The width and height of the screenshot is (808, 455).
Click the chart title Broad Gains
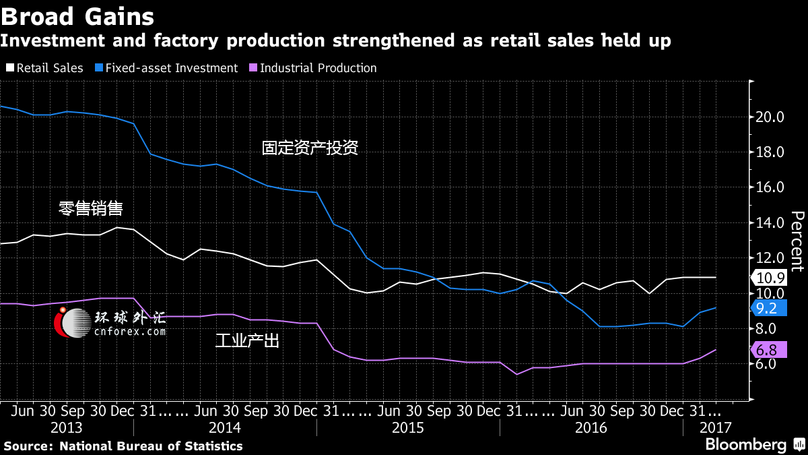tap(77, 17)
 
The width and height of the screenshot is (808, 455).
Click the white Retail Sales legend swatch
tap(10, 67)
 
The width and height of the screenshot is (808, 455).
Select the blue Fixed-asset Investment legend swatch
tap(99, 67)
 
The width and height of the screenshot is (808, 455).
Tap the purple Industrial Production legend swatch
tap(253, 67)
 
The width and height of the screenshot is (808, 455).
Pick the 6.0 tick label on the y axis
tap(766, 363)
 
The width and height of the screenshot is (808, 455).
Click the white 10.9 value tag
tap(769, 278)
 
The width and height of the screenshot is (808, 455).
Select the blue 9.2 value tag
tap(769, 308)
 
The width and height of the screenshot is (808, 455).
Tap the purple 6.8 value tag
tap(769, 350)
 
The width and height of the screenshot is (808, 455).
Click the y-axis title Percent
tap(797, 241)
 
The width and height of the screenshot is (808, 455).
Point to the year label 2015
tap(407, 428)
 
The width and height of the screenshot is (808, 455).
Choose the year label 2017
tap(715, 428)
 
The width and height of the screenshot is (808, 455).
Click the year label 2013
tap(67, 428)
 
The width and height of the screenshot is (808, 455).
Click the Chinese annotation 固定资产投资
tap(310, 148)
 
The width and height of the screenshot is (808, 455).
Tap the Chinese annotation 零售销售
tap(90, 208)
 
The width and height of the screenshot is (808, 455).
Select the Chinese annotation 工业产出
tap(247, 340)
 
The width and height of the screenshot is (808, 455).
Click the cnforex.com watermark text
tap(130, 331)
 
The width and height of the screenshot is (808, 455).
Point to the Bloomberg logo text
tap(746, 444)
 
